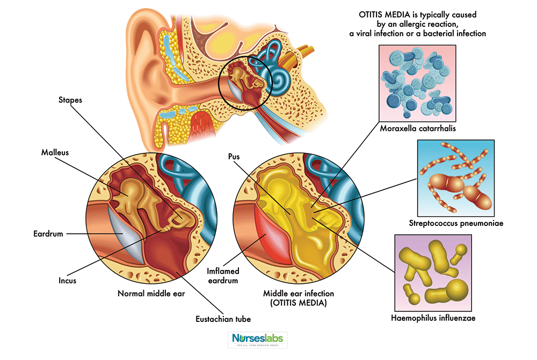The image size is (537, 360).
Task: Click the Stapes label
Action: point(71,99)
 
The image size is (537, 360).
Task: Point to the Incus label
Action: point(68,281)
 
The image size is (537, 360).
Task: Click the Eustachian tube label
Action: point(223,319)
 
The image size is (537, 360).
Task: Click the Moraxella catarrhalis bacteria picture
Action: point(417,83)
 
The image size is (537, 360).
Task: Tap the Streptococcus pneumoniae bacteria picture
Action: point(455,178)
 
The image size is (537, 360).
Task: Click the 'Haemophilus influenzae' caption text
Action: point(433,318)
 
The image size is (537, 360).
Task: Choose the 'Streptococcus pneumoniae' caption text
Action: point(455,222)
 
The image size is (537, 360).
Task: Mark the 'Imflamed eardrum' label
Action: point(222,276)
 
